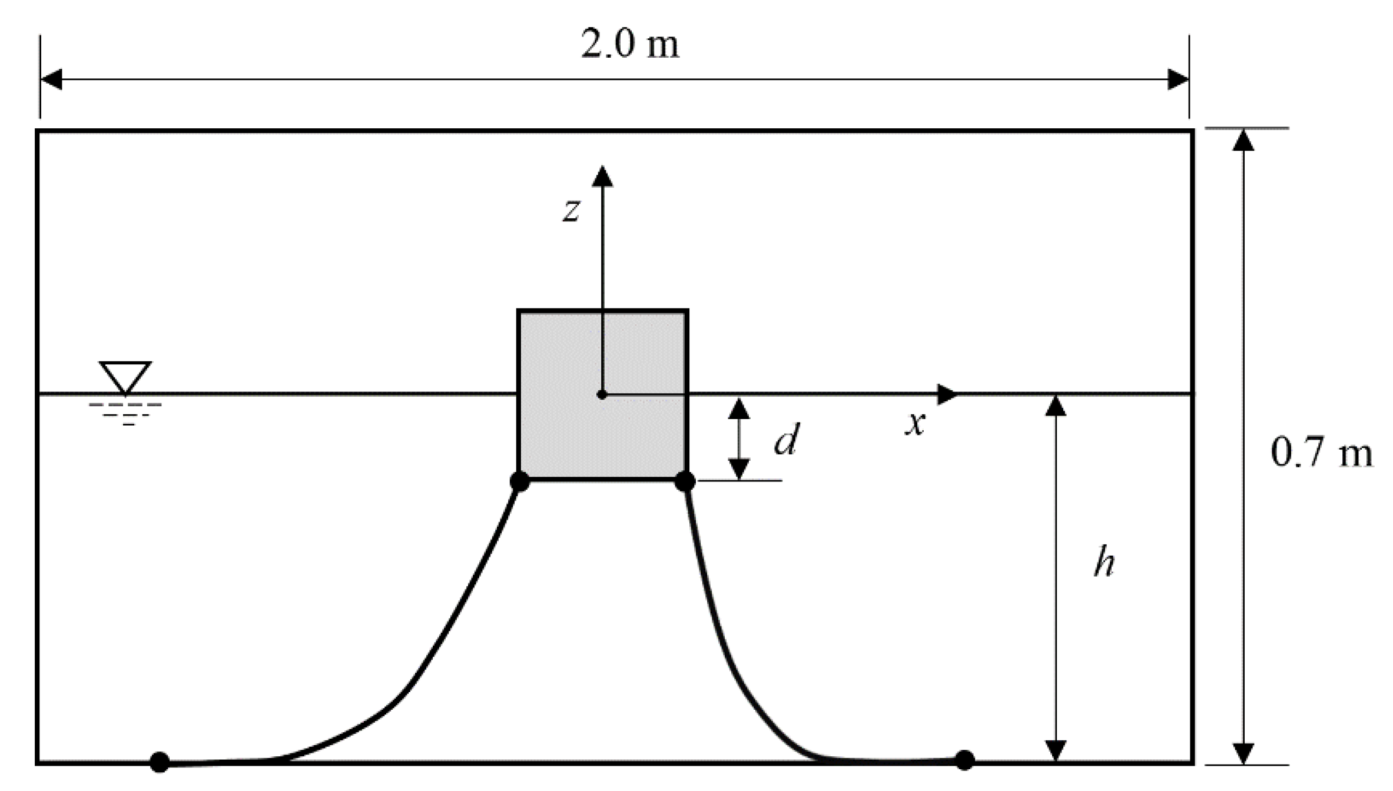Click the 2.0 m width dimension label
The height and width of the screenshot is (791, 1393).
pyautogui.click(x=629, y=45)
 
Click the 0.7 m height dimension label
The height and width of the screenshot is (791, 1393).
pyautogui.click(x=1321, y=453)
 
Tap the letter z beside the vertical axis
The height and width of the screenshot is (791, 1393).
pyautogui.click(x=571, y=210)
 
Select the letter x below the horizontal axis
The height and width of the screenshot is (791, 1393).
pyautogui.click(x=914, y=423)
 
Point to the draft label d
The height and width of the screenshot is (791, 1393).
pyautogui.click(x=785, y=440)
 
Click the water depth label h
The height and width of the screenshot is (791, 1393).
pyautogui.click(x=1104, y=563)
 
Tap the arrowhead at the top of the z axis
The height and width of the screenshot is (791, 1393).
pyautogui.click(x=602, y=176)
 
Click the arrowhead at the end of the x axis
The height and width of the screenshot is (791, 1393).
pyautogui.click(x=946, y=394)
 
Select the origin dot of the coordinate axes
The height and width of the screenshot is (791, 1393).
pyautogui.click(x=602, y=394)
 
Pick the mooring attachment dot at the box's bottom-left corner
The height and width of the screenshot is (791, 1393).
pyautogui.click(x=519, y=481)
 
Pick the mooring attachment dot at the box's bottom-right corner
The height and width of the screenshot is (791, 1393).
pyautogui.click(x=685, y=481)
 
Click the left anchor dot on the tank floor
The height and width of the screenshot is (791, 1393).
pyautogui.click(x=160, y=762)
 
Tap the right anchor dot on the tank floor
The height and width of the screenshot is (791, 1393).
pyautogui.click(x=964, y=760)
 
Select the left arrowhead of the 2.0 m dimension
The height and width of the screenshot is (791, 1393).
pyautogui.click(x=52, y=79)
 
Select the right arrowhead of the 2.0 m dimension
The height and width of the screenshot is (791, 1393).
pyautogui.click(x=1178, y=79)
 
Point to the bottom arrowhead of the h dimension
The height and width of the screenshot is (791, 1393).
pyautogui.click(x=1056, y=750)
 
